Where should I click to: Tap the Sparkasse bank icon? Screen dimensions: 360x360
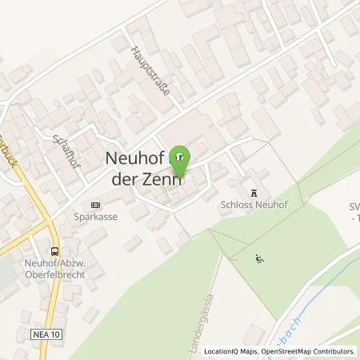click(97, 203)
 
